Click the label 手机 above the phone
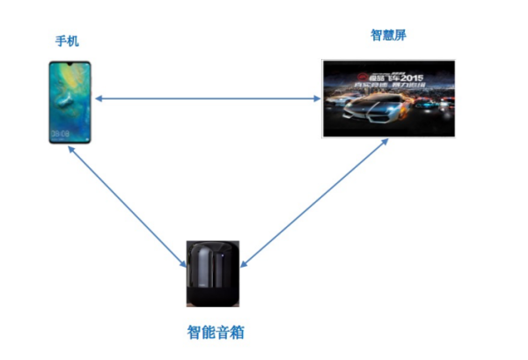(67, 41)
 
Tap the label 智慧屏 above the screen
(388, 35)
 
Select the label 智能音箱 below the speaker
(216, 332)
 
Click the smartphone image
(70, 101)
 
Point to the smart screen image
(388, 99)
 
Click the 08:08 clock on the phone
(61, 133)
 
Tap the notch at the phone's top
(70, 64)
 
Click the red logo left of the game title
(340, 77)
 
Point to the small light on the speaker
(225, 257)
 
